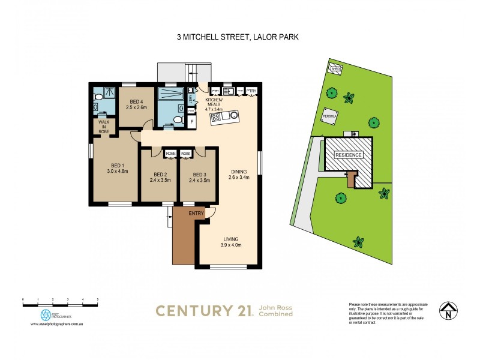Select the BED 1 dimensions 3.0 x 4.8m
(x=118, y=171)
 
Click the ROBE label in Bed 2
(x=170, y=154)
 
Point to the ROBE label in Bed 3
(x=186, y=154)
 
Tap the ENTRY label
(x=196, y=213)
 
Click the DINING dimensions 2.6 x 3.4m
(x=239, y=177)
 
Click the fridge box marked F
(x=192, y=122)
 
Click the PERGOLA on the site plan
(x=330, y=116)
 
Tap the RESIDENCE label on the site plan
(x=348, y=155)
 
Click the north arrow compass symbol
(x=446, y=311)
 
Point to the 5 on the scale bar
(x=97, y=299)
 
